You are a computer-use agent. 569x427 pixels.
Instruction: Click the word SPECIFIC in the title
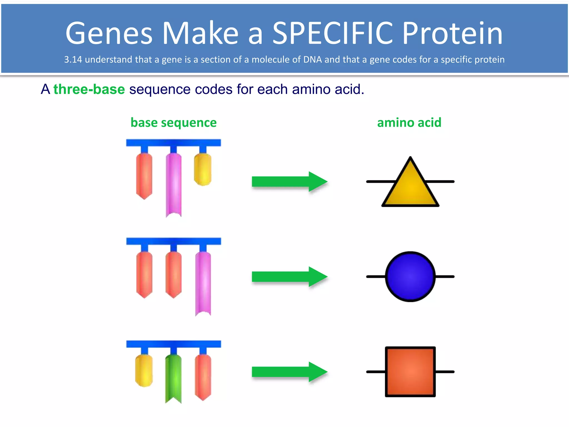[x=332, y=33]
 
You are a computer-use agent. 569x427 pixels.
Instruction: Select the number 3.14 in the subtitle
[x=73, y=59]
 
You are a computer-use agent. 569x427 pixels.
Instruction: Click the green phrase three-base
[x=89, y=90]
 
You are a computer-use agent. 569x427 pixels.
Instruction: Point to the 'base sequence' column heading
[x=173, y=123]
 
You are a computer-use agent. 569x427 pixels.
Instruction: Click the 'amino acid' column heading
[x=409, y=123]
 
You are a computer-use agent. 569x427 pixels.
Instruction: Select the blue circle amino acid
[x=410, y=277]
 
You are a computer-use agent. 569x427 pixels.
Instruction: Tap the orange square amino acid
[x=410, y=371]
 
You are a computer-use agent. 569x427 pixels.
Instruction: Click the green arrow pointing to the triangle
[x=289, y=182]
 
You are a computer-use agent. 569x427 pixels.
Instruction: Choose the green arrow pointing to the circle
[x=289, y=277]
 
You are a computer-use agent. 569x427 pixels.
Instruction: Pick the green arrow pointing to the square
[x=289, y=372]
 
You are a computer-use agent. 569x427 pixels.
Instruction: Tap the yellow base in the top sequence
[x=203, y=169]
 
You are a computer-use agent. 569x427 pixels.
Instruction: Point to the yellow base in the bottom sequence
[x=144, y=371]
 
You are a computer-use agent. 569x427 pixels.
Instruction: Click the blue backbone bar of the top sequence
[x=173, y=143]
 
